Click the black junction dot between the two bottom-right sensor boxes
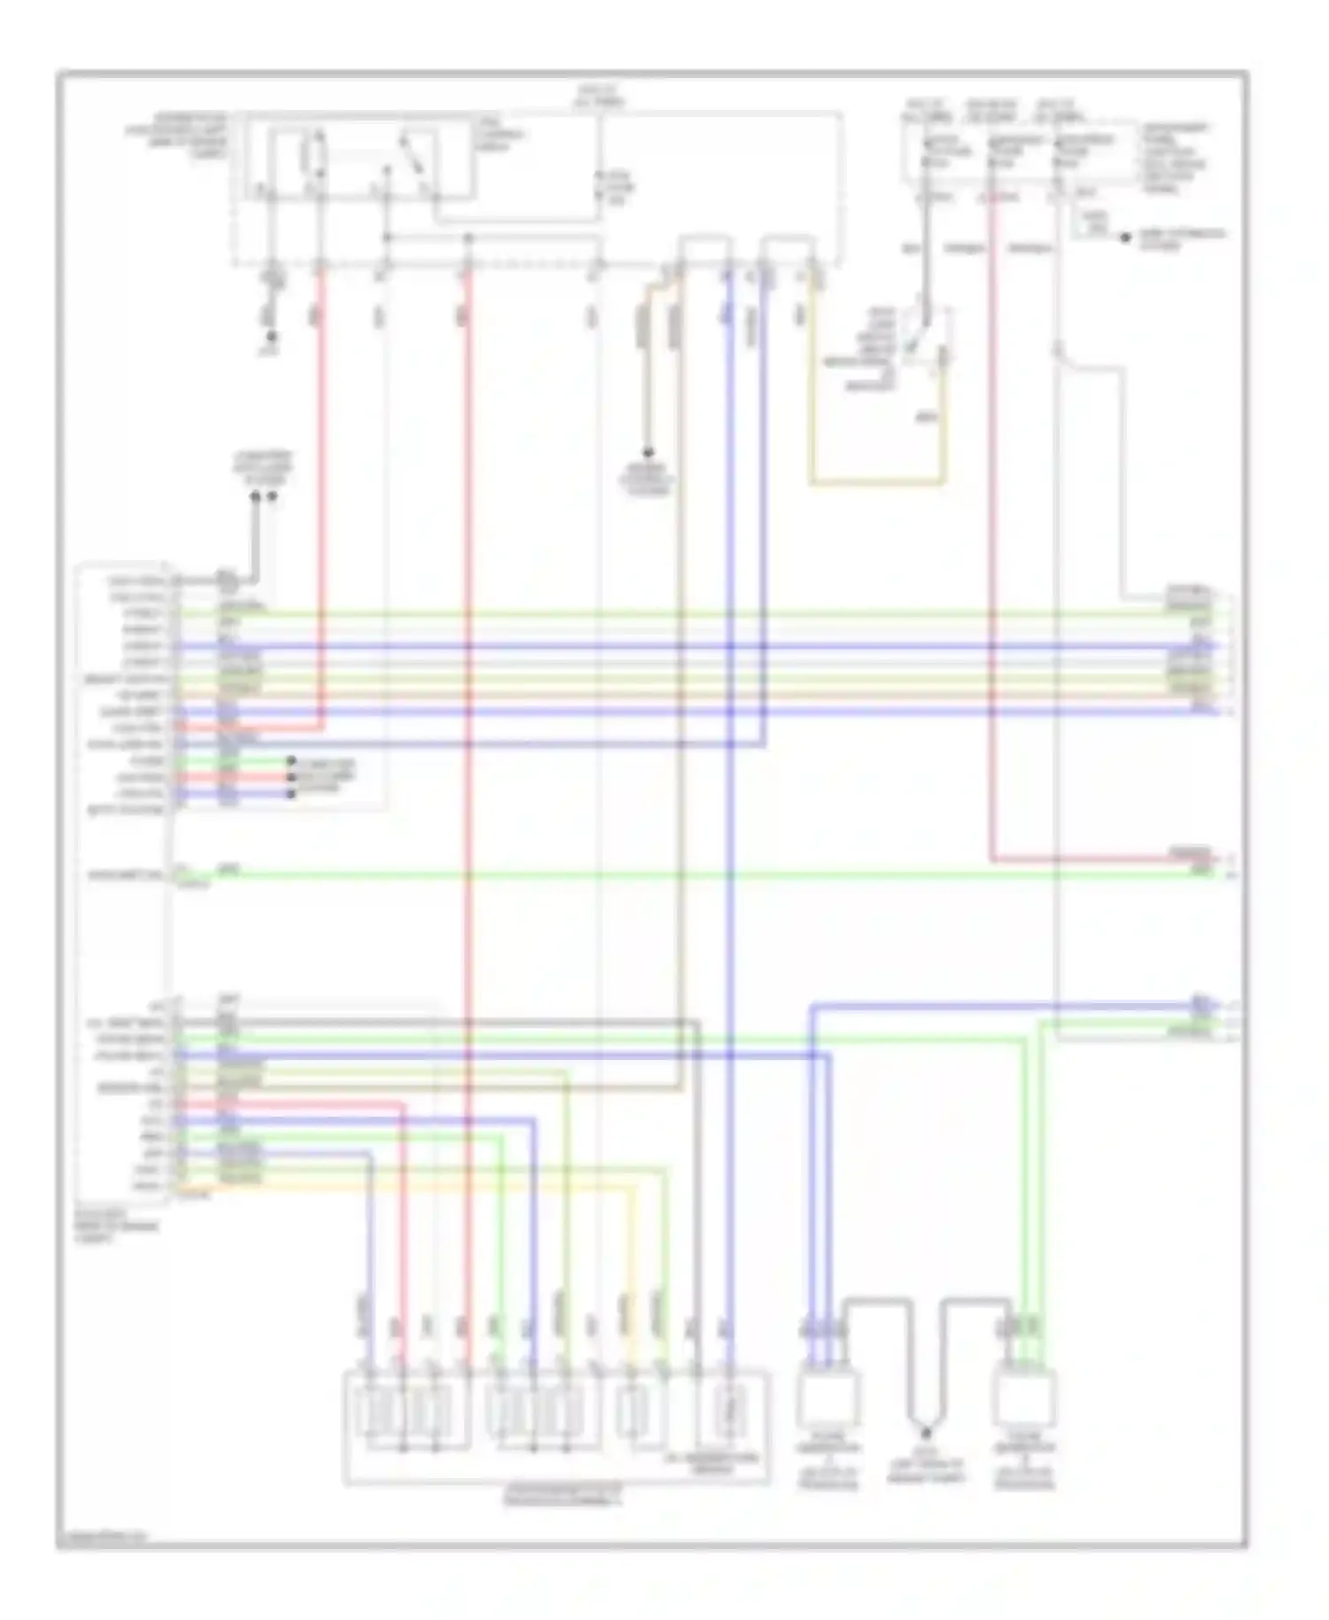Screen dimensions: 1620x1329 click(926, 1432)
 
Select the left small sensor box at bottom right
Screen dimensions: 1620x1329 click(828, 1395)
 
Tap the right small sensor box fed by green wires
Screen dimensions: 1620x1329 click(1025, 1395)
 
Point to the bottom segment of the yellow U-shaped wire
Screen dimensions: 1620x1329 click(877, 484)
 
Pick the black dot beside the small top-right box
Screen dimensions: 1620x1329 click(1126, 238)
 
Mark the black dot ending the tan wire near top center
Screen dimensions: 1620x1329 click(648, 452)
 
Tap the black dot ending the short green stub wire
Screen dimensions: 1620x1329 click(291, 761)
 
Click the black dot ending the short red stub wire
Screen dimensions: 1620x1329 click(291, 778)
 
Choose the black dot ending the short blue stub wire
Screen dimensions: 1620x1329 click(291, 794)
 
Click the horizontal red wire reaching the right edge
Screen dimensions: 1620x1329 click(1107, 859)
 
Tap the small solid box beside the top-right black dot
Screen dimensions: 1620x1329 click(1096, 225)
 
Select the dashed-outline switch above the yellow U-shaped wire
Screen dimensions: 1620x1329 click(926, 341)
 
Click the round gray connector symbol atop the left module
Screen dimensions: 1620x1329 click(227, 581)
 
